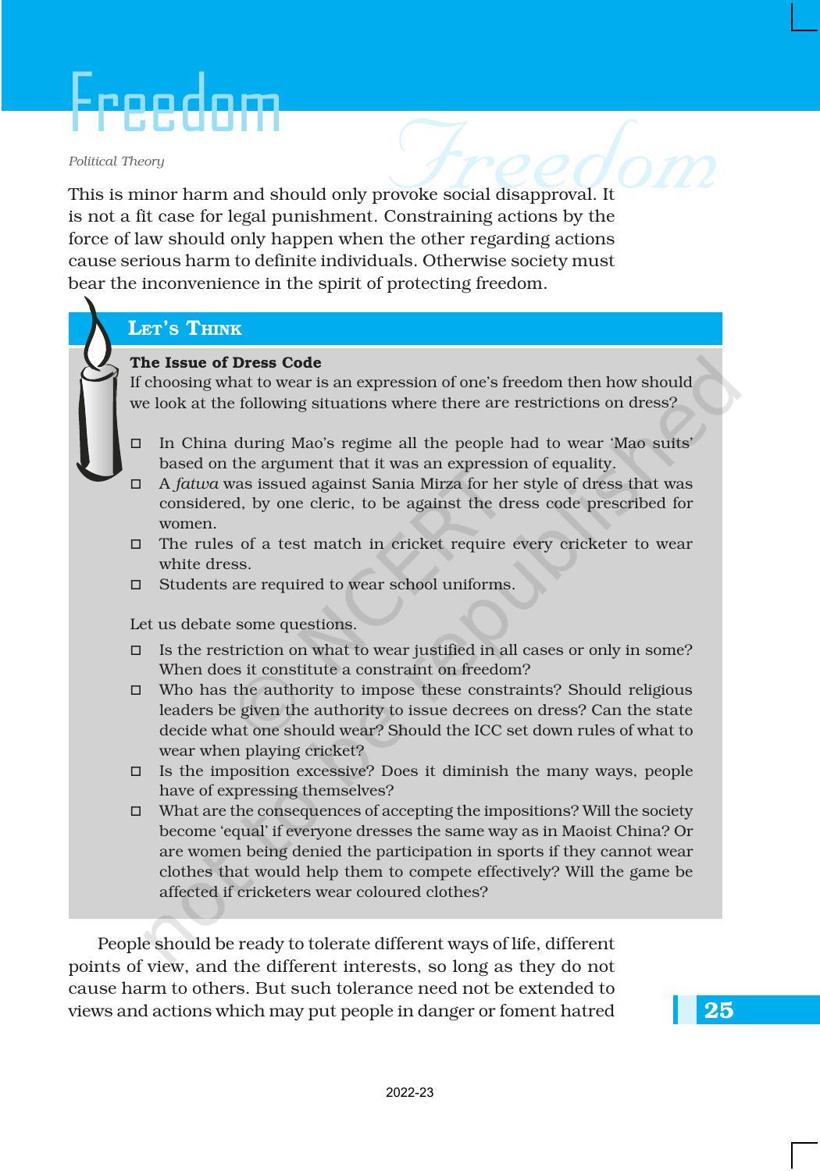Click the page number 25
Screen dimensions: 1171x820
click(x=718, y=1010)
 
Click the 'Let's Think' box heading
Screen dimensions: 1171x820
click(x=185, y=329)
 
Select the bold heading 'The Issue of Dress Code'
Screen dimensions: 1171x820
click(x=225, y=363)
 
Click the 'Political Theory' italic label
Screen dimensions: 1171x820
click(x=116, y=162)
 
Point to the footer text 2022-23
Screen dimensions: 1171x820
click(x=409, y=1093)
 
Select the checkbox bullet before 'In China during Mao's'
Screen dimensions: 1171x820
click(x=136, y=443)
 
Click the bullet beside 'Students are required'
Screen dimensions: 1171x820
click(x=136, y=585)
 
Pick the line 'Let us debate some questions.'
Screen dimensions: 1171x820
click(x=243, y=625)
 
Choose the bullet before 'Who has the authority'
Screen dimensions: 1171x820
click(x=136, y=690)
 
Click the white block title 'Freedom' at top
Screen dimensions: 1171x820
click(x=175, y=103)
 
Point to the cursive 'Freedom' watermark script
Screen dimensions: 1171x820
click(x=554, y=160)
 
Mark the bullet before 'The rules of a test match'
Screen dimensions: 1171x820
click(x=136, y=544)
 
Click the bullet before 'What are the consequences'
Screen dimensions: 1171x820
click(x=136, y=811)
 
